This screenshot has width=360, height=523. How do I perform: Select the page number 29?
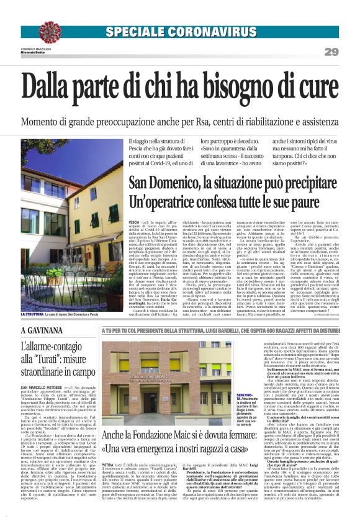point(331,52)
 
